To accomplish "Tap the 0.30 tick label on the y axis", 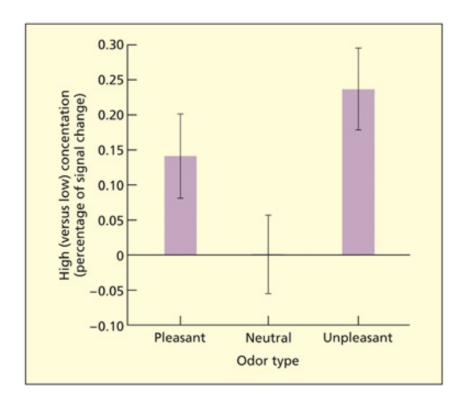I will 111,45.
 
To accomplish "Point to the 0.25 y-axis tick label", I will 111,80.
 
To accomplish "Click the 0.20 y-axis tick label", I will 111,115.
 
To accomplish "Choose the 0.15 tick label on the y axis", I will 111,150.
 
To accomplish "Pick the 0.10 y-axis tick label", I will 111,185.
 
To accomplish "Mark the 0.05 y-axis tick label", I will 111,220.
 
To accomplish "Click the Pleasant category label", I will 180,337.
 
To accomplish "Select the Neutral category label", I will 268,337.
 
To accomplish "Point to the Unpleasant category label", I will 357,337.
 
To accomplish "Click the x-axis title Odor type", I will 268,362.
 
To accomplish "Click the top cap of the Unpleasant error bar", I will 358,48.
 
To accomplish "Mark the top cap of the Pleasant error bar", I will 180,114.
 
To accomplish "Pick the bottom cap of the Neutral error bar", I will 268,294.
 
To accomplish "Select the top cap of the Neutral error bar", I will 268,215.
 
